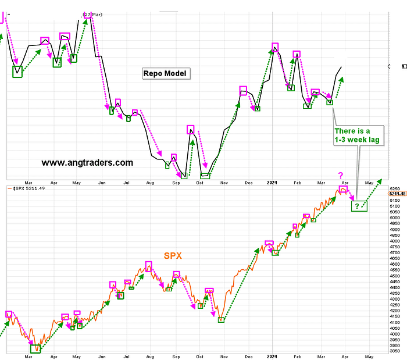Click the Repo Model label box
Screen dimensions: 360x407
tap(166, 73)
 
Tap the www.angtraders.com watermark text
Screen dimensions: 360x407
tap(87, 163)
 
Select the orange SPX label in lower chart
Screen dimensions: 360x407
tap(172, 256)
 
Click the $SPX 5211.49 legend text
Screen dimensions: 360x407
tap(29, 188)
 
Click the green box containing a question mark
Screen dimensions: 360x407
tap(359, 205)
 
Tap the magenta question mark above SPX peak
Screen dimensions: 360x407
tap(341, 175)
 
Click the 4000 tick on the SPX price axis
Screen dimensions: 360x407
tap(395, 334)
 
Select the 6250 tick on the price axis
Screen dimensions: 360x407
tap(395, 188)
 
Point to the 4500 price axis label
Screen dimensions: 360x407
tap(395, 276)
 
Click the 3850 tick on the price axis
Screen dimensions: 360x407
tap(395, 351)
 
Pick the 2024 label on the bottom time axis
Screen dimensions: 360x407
tap(271, 355)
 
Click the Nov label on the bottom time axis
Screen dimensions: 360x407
tap(224, 355)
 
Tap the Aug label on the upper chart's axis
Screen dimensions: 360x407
tap(150, 183)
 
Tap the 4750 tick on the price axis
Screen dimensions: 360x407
tap(395, 247)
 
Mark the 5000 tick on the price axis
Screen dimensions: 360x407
tap(395, 218)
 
